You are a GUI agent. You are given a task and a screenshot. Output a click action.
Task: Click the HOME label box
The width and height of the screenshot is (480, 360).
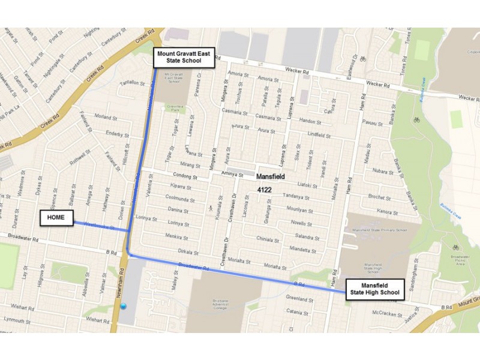pos(56,218)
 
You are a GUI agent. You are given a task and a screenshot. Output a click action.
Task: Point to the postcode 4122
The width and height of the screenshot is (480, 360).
pos(265,190)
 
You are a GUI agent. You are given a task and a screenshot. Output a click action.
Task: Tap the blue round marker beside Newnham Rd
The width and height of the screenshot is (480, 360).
pos(124,306)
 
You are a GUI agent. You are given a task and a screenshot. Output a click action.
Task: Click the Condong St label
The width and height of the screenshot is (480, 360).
pos(185,177)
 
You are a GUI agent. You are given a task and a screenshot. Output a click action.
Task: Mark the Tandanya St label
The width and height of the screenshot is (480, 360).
pos(295,197)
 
